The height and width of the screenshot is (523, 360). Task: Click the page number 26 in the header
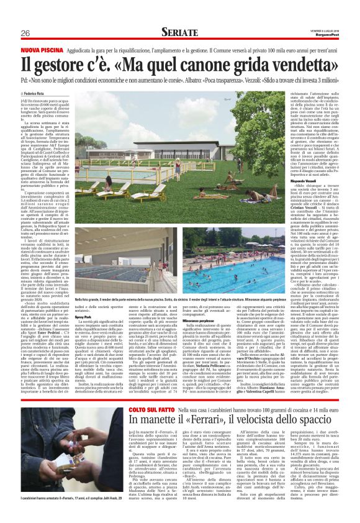pos(25,33)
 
